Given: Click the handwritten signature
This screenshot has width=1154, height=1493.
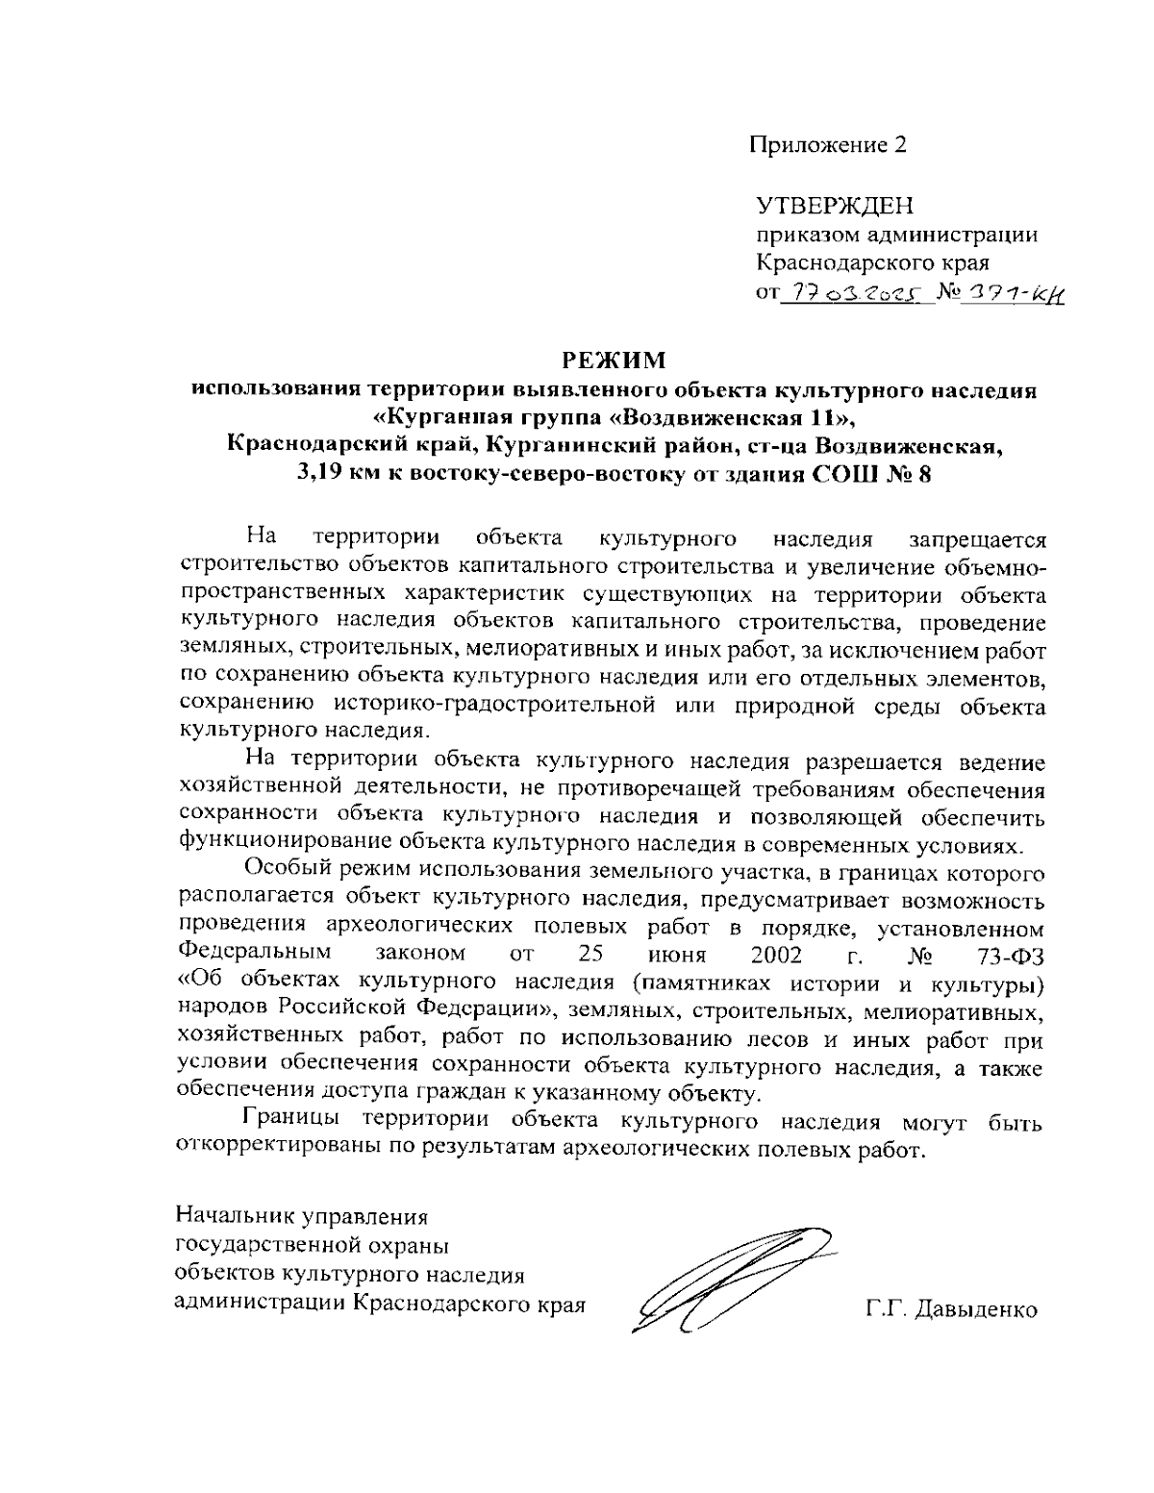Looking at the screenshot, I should [731, 1278].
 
